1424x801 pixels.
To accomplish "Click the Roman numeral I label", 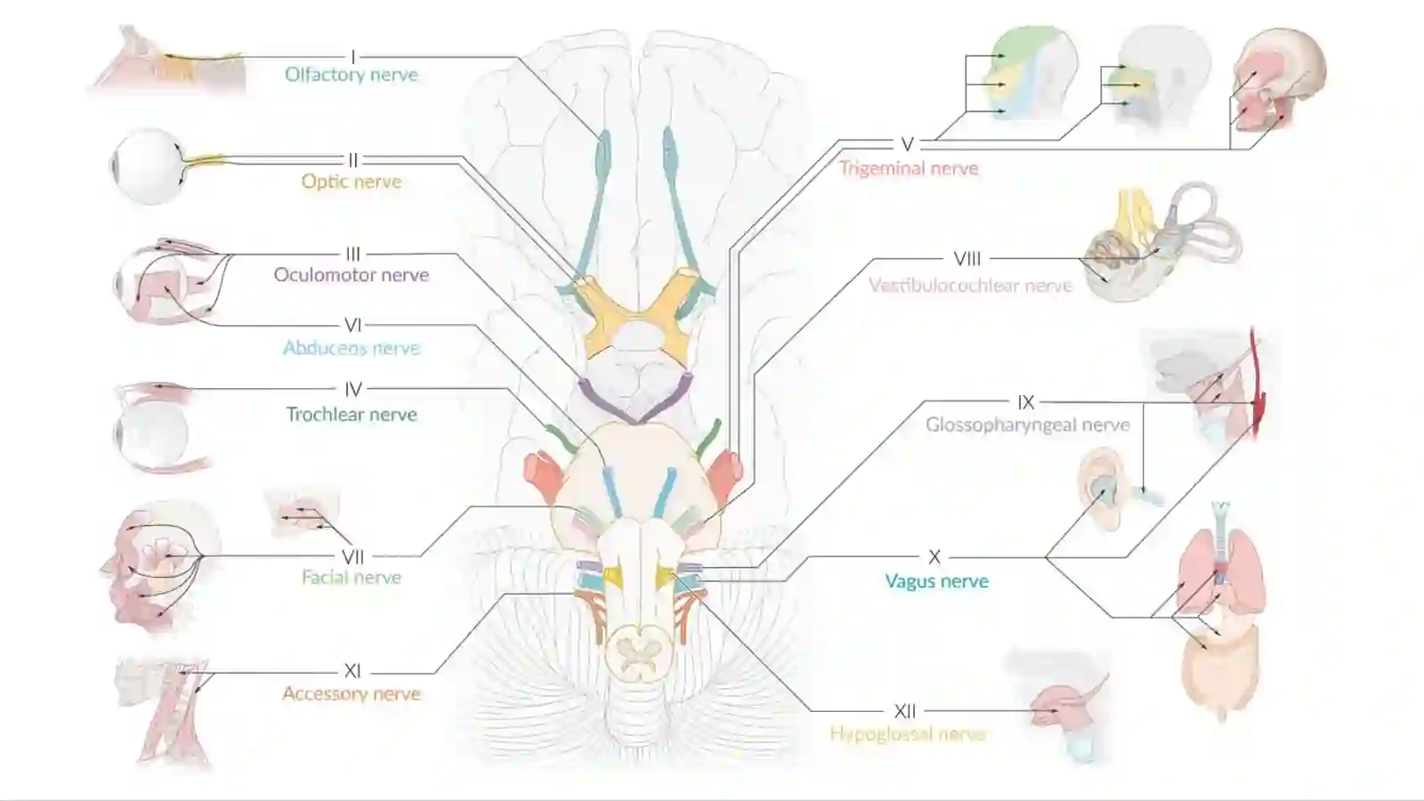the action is (x=353, y=57).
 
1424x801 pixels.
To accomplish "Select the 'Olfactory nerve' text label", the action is (x=352, y=75).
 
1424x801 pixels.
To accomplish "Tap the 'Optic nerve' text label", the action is (x=352, y=182).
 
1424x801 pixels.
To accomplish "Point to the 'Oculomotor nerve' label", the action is (x=352, y=275).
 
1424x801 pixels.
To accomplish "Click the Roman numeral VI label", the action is (x=353, y=325).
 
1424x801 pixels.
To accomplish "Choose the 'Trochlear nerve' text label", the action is (x=352, y=415).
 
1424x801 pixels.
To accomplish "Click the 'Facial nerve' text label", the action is (x=352, y=578).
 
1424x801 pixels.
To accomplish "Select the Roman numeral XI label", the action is (x=352, y=671).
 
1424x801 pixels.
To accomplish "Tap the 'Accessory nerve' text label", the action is (x=352, y=693).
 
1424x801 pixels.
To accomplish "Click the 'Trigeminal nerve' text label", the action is (x=909, y=168).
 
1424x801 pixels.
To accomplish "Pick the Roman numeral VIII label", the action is (x=967, y=259).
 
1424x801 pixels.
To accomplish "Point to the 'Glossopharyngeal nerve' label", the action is (x=1028, y=425).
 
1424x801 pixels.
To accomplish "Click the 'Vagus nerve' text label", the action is (x=937, y=581).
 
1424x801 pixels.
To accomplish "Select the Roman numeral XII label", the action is (x=904, y=711).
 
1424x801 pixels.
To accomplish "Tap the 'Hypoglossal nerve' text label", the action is (x=908, y=734).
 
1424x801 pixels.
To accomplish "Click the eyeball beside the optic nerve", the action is (x=148, y=166).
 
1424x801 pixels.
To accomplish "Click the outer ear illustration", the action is (x=1099, y=489).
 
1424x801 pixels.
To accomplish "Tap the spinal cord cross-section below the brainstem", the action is (x=637, y=654).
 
